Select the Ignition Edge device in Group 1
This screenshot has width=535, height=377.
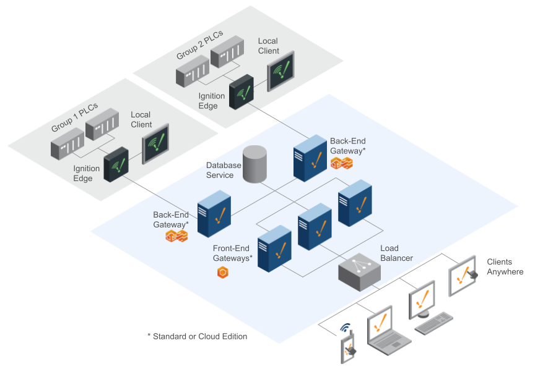116,165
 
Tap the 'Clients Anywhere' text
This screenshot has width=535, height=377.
505,267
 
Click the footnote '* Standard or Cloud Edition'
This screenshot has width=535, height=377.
197,336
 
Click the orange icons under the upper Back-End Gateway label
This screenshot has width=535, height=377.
341,164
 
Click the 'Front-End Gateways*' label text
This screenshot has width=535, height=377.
232,253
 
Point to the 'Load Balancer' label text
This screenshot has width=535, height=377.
396,253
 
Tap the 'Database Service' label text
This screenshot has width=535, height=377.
224,170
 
